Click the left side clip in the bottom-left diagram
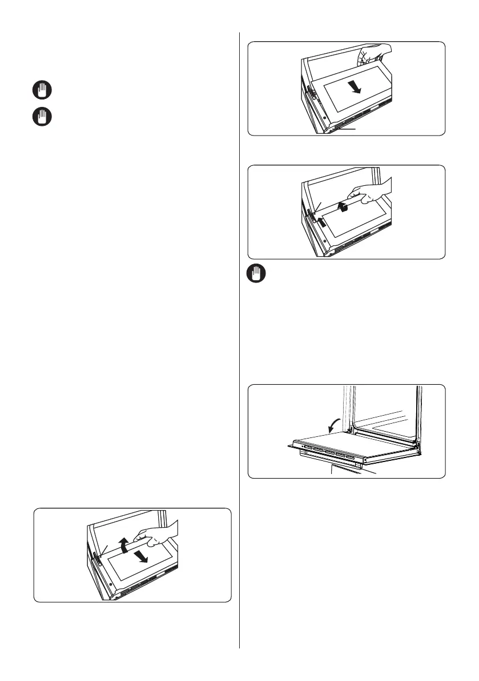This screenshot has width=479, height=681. (x=96, y=557)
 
